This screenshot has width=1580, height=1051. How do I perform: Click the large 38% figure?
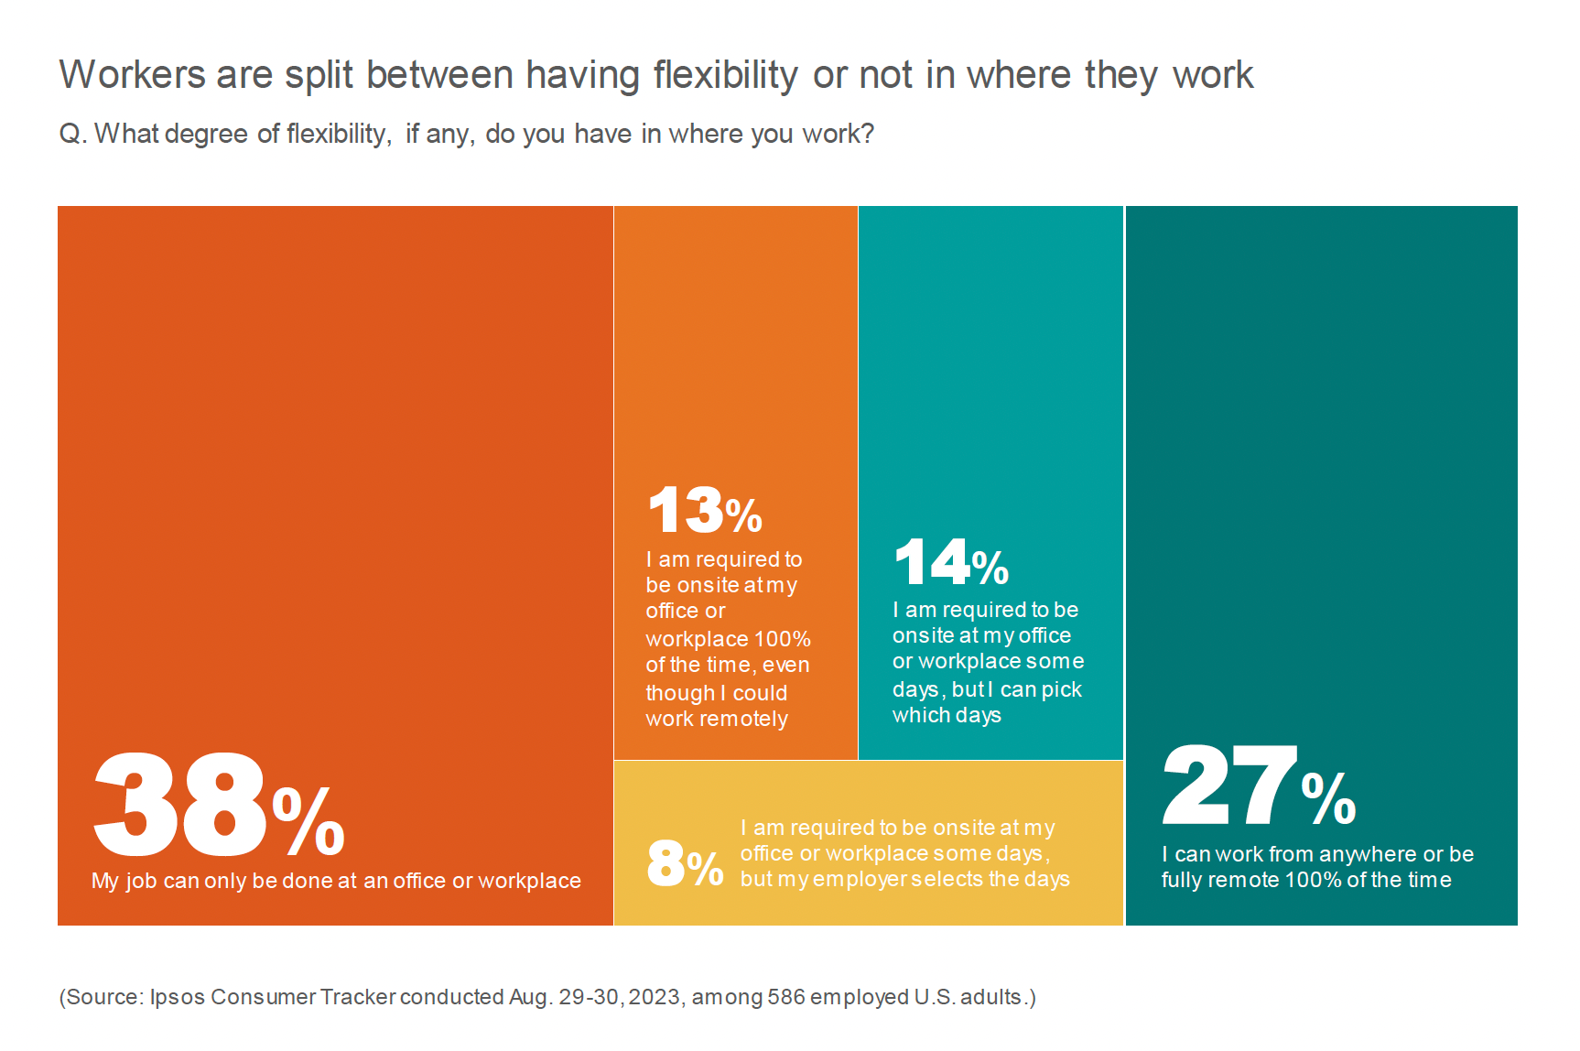tap(218, 805)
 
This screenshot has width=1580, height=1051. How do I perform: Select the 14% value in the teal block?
tap(951, 562)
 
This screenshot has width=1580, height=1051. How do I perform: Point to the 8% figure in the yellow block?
tap(685, 863)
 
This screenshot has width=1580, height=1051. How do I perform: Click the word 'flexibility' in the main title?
tap(726, 75)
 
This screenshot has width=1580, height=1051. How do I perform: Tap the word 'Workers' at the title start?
tap(133, 75)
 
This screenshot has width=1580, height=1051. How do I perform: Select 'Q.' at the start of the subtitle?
tap(73, 135)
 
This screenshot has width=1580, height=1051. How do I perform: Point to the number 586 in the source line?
tap(786, 997)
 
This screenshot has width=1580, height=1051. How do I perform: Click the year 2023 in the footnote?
tap(654, 997)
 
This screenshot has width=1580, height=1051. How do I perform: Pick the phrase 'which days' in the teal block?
tap(947, 715)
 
